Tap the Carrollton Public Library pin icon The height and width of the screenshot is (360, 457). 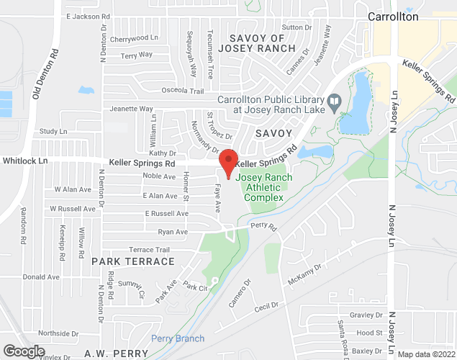coord(333,102)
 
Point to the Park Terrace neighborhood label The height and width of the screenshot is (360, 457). coord(132,261)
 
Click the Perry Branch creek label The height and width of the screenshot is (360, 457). coord(178,338)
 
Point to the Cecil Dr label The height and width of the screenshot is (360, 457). coord(266,307)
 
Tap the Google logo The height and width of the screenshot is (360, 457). coord(23,351)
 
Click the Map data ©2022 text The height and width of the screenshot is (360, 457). coord(426,354)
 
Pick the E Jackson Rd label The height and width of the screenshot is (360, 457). coord(86,16)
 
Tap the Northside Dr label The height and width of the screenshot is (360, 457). coord(58,333)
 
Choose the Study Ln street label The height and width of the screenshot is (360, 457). coord(53,131)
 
